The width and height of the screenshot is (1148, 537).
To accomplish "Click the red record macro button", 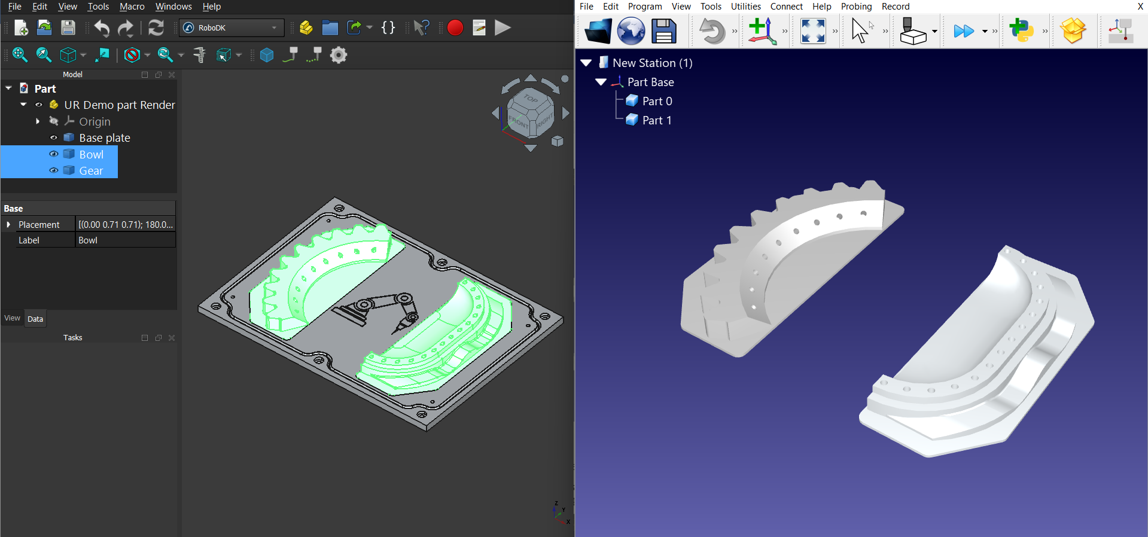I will [x=455, y=28].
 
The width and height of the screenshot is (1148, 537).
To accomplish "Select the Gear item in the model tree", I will [x=91, y=170].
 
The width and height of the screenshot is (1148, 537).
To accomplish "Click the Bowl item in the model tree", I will [x=91, y=154].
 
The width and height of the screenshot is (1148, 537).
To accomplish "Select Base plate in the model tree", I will [x=104, y=138].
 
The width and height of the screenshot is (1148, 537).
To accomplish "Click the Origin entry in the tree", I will [x=95, y=121].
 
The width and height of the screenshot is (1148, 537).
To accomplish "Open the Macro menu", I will [x=132, y=7].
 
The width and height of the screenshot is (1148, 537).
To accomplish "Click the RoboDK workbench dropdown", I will [x=232, y=28].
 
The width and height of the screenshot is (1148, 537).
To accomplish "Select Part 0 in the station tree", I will [x=656, y=101].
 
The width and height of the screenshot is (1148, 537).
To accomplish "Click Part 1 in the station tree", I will [x=656, y=120].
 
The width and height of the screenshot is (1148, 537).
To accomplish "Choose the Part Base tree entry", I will [x=650, y=82].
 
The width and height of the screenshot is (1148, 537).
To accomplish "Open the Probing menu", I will [x=855, y=7].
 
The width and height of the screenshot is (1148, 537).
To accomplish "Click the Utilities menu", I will [x=745, y=7].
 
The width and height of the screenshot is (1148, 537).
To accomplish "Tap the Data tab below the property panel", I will [x=35, y=319].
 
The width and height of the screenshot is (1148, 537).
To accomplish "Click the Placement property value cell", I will [x=125, y=224].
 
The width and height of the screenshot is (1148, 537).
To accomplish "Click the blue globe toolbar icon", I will [x=631, y=31].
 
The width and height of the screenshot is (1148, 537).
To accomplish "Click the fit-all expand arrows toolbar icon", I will [x=812, y=31].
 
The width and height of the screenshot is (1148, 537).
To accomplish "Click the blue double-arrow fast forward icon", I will [x=963, y=31].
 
